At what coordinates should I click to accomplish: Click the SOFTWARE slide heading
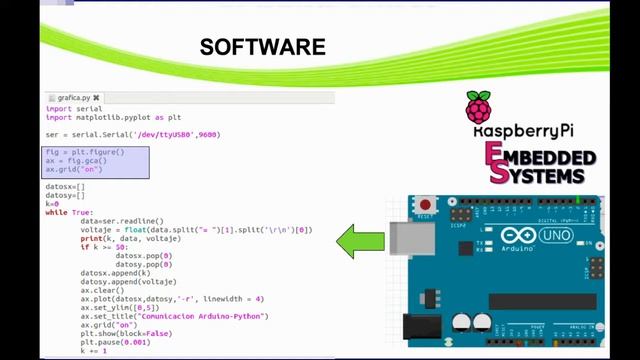[x=263, y=48]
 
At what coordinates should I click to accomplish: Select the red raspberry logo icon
[x=479, y=108]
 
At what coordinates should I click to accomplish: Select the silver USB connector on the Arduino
[x=405, y=241]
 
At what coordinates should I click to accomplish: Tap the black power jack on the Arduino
[x=421, y=329]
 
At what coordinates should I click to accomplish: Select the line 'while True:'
[x=69, y=212]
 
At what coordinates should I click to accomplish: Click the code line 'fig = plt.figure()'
[x=85, y=152]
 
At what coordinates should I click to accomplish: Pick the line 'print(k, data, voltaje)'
[x=130, y=238]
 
